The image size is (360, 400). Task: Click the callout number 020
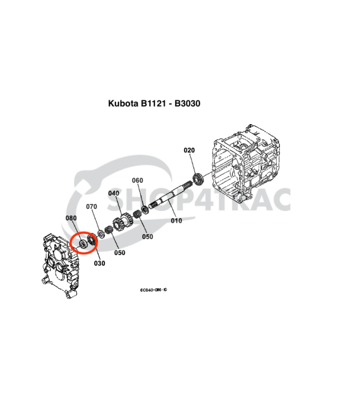[189, 150]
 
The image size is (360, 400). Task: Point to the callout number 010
[176, 221]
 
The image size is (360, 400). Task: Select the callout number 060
[137, 181]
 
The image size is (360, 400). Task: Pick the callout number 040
[114, 193]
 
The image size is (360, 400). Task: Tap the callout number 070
[92, 207]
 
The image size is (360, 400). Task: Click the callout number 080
[71, 218]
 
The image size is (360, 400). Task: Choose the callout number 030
[99, 263]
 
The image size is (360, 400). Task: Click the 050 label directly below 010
[148, 237]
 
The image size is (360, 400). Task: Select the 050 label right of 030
[120, 253]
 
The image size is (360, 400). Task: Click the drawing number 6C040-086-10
[153, 290]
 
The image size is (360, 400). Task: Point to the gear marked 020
[197, 181]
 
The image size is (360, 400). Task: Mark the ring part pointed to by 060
[145, 211]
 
